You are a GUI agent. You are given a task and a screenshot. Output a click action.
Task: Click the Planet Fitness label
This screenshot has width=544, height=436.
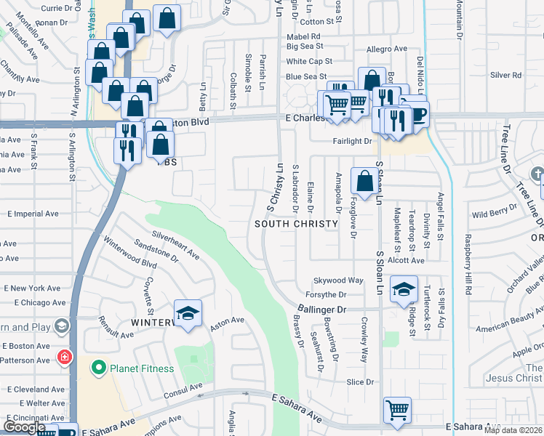142,368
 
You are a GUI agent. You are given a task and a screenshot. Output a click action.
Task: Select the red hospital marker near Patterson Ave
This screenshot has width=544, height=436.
64,358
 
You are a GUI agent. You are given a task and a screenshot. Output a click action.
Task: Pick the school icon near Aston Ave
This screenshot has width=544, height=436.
188,313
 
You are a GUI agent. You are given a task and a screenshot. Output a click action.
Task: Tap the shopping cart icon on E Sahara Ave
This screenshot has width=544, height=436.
397,411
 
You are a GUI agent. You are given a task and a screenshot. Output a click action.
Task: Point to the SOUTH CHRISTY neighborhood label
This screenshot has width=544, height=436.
297,224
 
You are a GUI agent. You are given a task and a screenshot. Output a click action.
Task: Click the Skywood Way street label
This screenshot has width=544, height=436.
338,280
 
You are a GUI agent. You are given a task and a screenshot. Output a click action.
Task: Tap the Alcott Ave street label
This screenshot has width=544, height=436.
406,260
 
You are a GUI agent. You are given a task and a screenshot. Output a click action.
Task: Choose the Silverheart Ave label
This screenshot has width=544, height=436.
175,245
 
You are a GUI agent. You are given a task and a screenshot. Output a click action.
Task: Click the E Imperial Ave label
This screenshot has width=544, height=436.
33,214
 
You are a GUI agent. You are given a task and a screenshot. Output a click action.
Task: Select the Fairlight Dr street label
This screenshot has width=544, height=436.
353,141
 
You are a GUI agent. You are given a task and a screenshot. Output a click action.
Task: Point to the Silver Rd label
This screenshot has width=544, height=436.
506,75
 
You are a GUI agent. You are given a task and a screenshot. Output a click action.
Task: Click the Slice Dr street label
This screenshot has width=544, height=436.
360,381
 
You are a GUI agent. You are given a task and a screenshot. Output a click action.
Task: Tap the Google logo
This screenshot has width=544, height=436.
24,427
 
